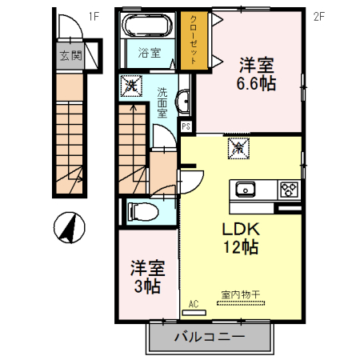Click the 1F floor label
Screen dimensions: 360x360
pos(93,15)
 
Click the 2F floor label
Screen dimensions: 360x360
pos(318,15)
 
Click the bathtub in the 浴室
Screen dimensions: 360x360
pos(146,29)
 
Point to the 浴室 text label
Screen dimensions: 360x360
pos(148,54)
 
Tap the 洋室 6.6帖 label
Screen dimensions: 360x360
pos(256,73)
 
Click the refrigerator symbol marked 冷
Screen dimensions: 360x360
pos(238,147)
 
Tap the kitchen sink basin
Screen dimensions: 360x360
pos(244,190)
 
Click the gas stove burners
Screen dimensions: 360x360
pos(289,190)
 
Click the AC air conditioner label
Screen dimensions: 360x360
pos(194,304)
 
